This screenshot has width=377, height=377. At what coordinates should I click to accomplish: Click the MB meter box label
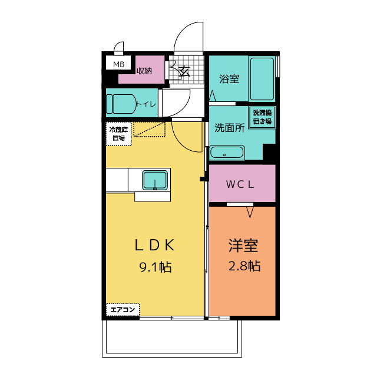(118, 64)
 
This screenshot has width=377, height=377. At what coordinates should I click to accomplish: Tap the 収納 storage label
(144, 71)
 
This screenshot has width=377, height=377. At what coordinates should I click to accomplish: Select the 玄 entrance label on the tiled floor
(185, 71)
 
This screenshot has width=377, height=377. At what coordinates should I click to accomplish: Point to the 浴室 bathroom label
(229, 79)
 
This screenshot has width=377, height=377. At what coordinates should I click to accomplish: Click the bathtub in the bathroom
(262, 79)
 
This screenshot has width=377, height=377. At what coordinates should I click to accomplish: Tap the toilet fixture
(121, 104)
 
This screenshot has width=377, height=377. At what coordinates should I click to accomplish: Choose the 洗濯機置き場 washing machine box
(262, 117)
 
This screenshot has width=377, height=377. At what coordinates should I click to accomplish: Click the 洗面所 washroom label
(229, 128)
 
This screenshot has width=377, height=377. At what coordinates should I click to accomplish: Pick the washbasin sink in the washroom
(227, 153)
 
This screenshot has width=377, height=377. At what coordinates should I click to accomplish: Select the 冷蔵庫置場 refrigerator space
(119, 134)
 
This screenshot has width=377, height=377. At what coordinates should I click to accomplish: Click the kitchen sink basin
(155, 180)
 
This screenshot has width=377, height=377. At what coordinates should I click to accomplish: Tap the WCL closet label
(240, 184)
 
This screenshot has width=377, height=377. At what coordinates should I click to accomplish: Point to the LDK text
(154, 246)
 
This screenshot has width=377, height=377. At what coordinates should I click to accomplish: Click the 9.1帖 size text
(156, 267)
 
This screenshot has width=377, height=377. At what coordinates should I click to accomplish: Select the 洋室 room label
(243, 246)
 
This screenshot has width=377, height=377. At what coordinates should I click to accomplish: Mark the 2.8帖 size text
(244, 266)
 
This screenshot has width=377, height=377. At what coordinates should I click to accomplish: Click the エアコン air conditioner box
(123, 310)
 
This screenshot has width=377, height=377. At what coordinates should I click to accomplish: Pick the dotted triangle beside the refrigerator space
(149, 130)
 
